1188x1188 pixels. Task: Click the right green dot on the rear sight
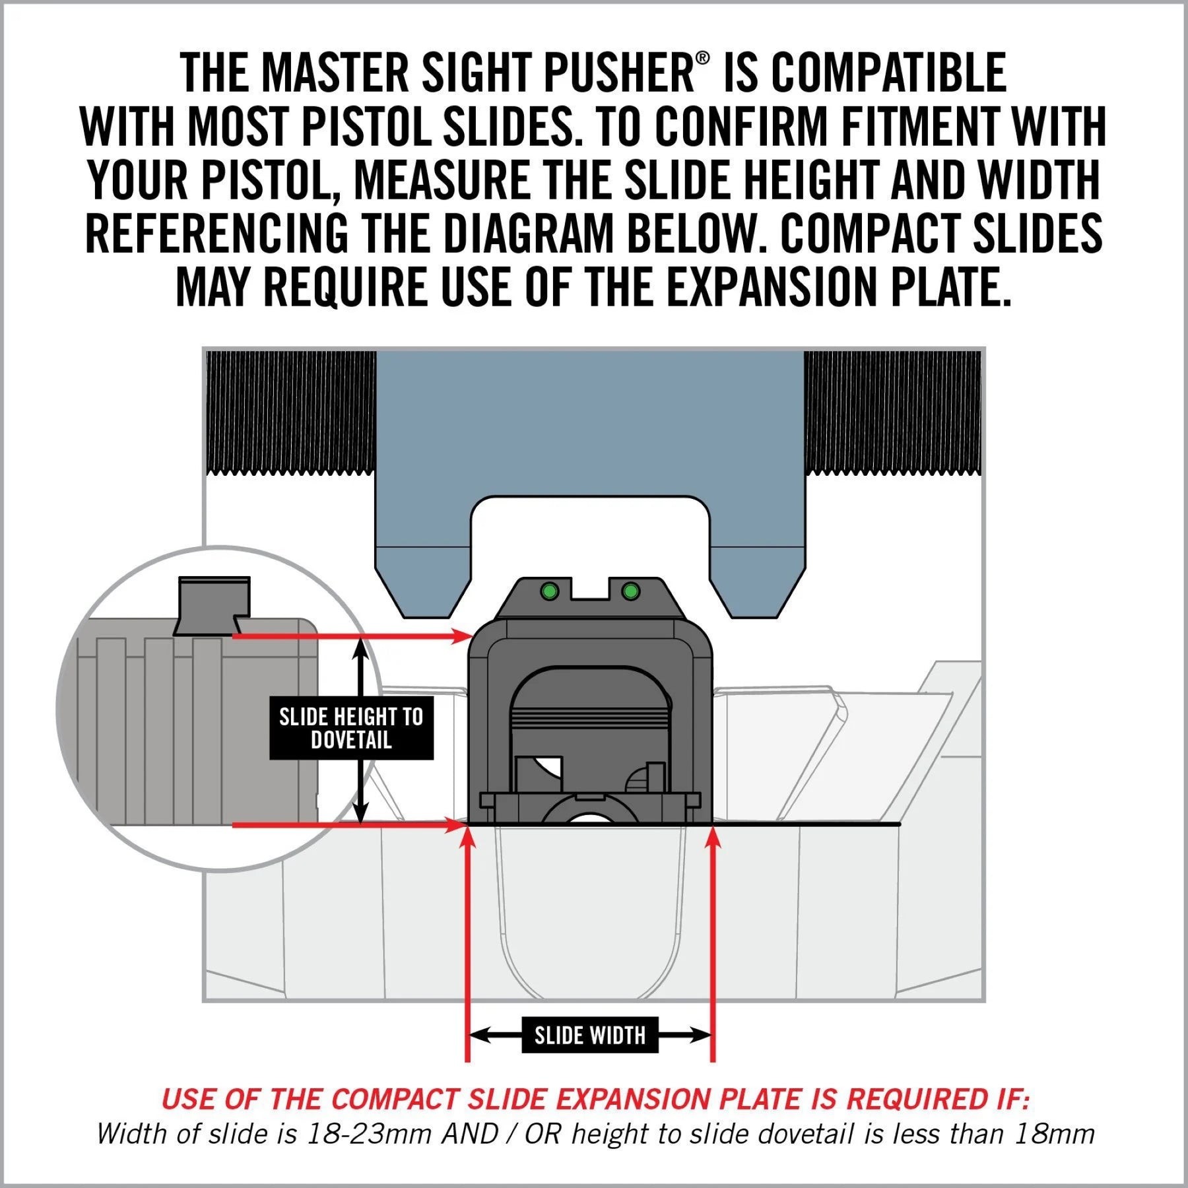click(x=630, y=591)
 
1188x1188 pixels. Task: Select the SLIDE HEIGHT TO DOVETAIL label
click(x=351, y=728)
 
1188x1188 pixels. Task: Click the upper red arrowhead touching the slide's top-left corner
click(x=461, y=636)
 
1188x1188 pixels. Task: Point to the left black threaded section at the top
click(x=291, y=412)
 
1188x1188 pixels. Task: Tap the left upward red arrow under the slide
click(x=467, y=845)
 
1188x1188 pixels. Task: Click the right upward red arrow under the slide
click(x=713, y=845)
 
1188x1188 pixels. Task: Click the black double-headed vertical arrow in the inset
click(x=360, y=667)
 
